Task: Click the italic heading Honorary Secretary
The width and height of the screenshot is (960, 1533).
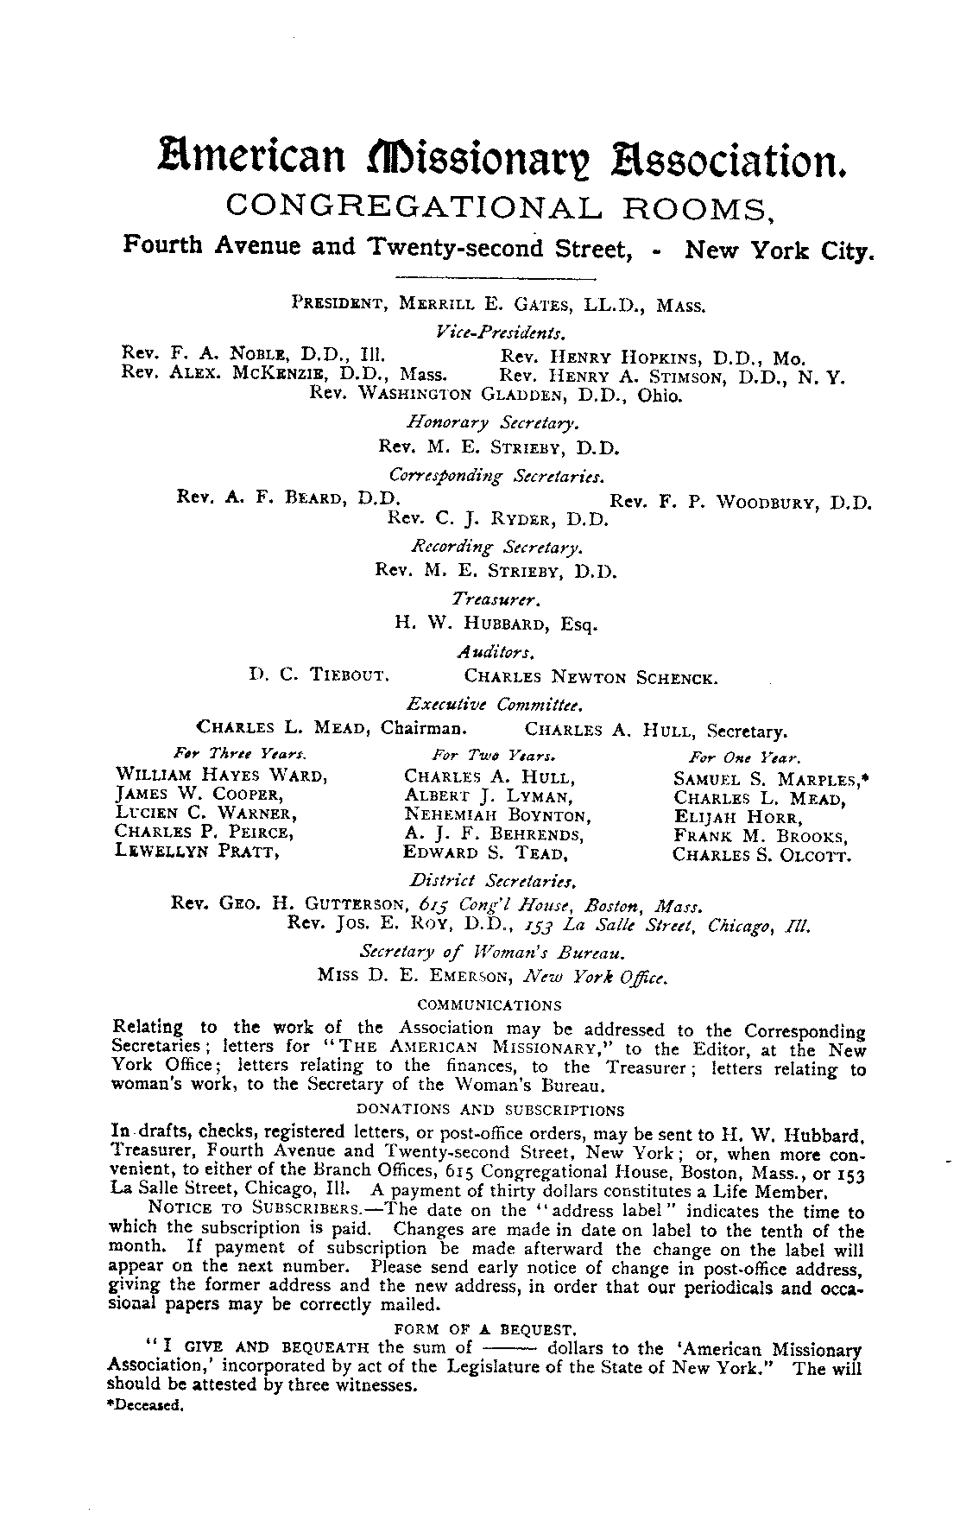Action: click(493, 422)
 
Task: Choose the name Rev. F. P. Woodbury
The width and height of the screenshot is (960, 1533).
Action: click(741, 502)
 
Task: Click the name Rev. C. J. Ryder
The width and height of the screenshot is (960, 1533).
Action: click(499, 520)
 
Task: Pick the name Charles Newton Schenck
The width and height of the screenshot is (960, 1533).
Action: click(590, 677)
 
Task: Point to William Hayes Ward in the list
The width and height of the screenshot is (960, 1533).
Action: click(219, 775)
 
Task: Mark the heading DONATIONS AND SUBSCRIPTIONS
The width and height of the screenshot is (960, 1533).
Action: click(489, 1110)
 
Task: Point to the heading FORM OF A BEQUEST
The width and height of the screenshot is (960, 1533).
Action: click(484, 1328)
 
